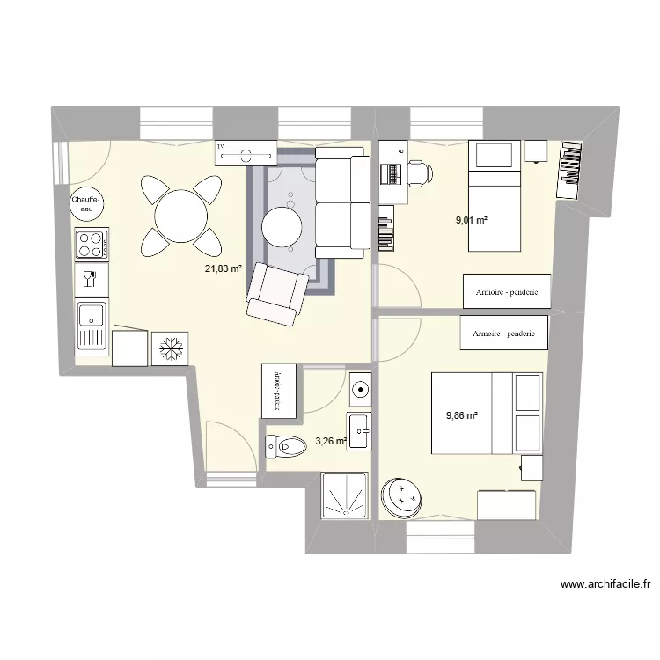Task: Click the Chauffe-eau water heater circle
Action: pyautogui.click(x=88, y=204)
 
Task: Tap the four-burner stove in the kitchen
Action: pyautogui.click(x=92, y=244)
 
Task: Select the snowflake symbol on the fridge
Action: pyautogui.click(x=170, y=348)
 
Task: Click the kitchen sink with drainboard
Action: pyautogui.click(x=92, y=325)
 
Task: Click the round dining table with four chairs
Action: pyautogui.click(x=180, y=214)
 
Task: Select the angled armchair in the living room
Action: pyautogui.click(x=277, y=293)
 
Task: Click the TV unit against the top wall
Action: pyautogui.click(x=246, y=154)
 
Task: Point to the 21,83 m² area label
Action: pyautogui.click(x=224, y=269)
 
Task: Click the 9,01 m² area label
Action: pyautogui.click(x=471, y=221)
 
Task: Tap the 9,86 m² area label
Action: pyautogui.click(x=461, y=416)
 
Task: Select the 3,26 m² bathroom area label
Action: pyautogui.click(x=331, y=433)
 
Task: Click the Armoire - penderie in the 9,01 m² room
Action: pyautogui.click(x=506, y=292)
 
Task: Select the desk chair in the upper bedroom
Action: pyautogui.click(x=418, y=173)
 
